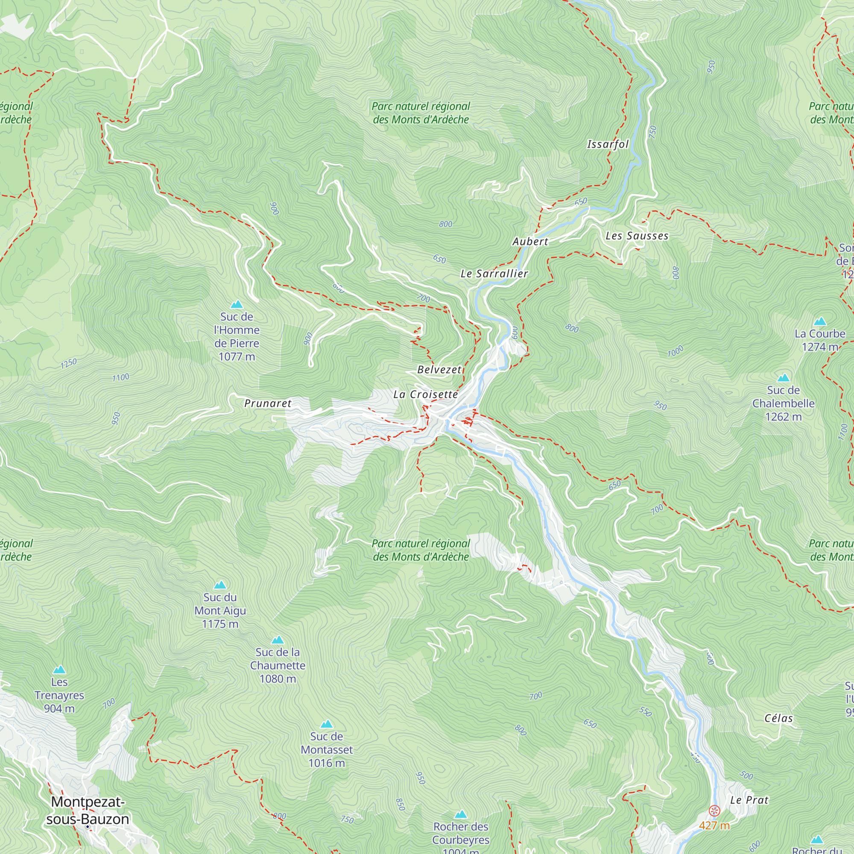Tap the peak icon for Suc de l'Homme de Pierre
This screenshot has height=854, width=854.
(237, 304)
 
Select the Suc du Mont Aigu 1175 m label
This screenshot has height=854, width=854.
(220, 611)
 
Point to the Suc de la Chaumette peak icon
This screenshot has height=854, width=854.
(278, 640)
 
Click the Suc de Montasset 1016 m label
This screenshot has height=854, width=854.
(327, 750)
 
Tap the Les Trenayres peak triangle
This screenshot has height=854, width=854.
(59, 670)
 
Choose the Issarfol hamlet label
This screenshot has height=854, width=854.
(608, 144)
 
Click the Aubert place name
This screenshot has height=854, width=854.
(530, 241)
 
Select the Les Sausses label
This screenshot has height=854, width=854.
(637, 236)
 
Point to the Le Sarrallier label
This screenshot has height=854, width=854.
(494, 274)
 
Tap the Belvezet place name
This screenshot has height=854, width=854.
(439, 369)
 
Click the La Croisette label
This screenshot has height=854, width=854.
(426, 394)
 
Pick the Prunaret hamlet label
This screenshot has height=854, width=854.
(268, 403)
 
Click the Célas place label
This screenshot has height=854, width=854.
(779, 718)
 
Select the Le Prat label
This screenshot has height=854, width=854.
(749, 800)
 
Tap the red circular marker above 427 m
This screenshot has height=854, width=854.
(714, 811)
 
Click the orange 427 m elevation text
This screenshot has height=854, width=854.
(714, 825)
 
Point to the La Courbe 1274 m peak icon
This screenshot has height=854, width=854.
(820, 322)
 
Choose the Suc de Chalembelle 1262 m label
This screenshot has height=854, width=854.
(783, 403)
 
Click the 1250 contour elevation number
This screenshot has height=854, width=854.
(68, 363)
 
